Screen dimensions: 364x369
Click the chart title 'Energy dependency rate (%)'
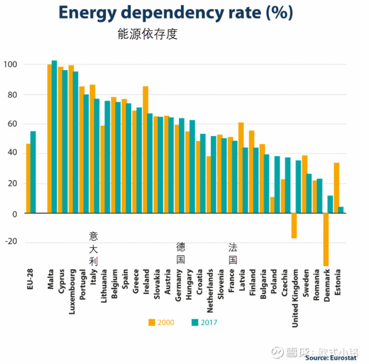coord(176,12)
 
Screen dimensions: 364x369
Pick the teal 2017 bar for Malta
coord(54,137)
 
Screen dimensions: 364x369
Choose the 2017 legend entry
coord(204,322)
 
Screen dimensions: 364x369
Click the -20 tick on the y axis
coord(10,242)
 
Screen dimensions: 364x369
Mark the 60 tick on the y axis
coord(12,124)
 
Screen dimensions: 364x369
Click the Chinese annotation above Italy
coord(93,248)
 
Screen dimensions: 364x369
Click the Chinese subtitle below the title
coord(147,34)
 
